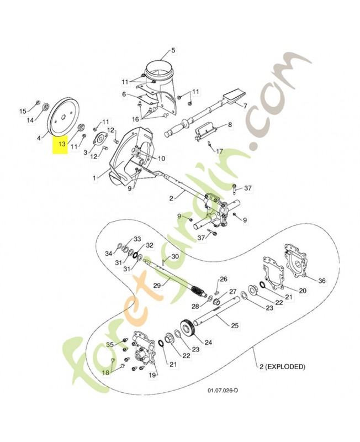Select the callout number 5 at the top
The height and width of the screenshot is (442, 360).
[173, 50]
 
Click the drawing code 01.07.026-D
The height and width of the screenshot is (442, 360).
[223, 391]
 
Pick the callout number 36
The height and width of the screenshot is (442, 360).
[322, 281]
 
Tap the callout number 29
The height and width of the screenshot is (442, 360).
[157, 285]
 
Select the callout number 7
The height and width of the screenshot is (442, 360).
[245, 106]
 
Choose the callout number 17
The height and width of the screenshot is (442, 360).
[219, 151]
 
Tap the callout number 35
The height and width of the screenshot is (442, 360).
[110, 344]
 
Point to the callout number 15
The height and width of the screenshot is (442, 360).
[23, 111]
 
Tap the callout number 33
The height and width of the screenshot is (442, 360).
[137, 239]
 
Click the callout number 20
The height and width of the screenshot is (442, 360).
[303, 291]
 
